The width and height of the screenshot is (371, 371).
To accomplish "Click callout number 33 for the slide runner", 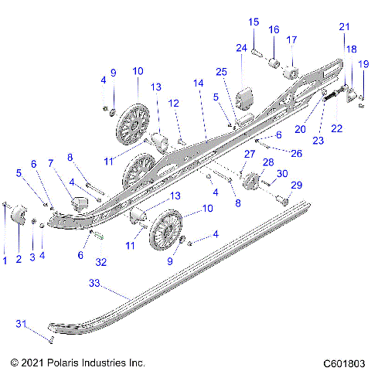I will coord(95,284).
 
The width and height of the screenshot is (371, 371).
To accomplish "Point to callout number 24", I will coord(240,49).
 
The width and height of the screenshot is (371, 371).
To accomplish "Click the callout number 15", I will coord(253,22).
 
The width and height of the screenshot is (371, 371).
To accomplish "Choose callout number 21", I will coord(344,27).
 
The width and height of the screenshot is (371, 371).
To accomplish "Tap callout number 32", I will coord(101,262).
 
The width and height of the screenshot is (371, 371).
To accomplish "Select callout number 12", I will coord(174,103).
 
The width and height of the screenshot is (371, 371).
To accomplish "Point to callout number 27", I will coord(249,155).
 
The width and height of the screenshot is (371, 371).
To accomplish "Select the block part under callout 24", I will coord(247,100).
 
